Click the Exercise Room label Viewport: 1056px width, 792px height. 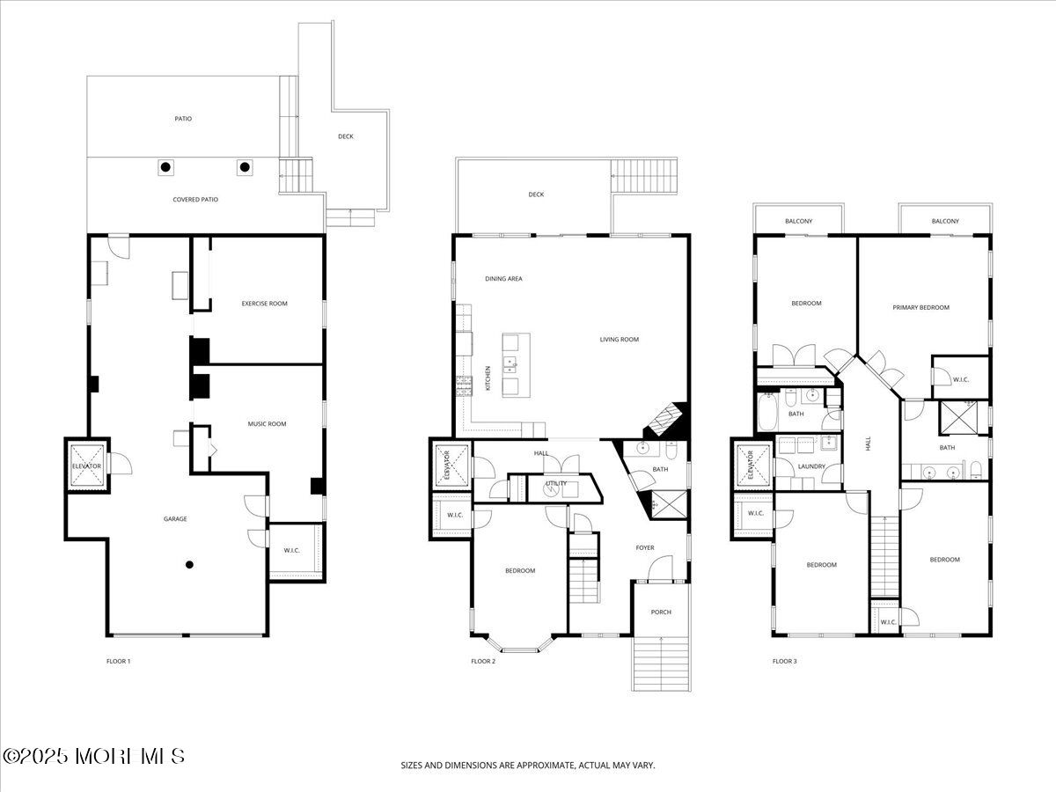(x=264, y=304)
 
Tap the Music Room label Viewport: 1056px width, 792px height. (x=267, y=423)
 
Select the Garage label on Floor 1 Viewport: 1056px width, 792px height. (x=175, y=519)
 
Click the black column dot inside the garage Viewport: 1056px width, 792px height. (x=189, y=565)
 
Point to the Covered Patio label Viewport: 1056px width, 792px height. (x=195, y=199)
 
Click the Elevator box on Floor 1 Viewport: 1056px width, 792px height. (x=87, y=466)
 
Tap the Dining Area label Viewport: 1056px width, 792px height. (x=503, y=278)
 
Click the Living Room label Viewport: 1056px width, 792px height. (x=620, y=339)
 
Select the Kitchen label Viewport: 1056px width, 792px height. (x=488, y=378)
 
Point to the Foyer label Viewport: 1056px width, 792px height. (x=645, y=547)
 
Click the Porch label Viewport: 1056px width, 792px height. (x=661, y=612)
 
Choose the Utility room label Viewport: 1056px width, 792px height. (x=555, y=483)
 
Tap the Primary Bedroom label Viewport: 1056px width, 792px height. (x=920, y=307)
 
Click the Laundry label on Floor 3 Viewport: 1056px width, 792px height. (x=811, y=466)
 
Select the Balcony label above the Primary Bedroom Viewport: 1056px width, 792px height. (x=945, y=221)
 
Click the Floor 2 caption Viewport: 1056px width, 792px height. (x=483, y=661)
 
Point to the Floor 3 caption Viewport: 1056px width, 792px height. (x=785, y=661)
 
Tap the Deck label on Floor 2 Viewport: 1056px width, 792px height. (x=536, y=194)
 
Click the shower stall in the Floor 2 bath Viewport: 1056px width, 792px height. (x=669, y=504)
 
